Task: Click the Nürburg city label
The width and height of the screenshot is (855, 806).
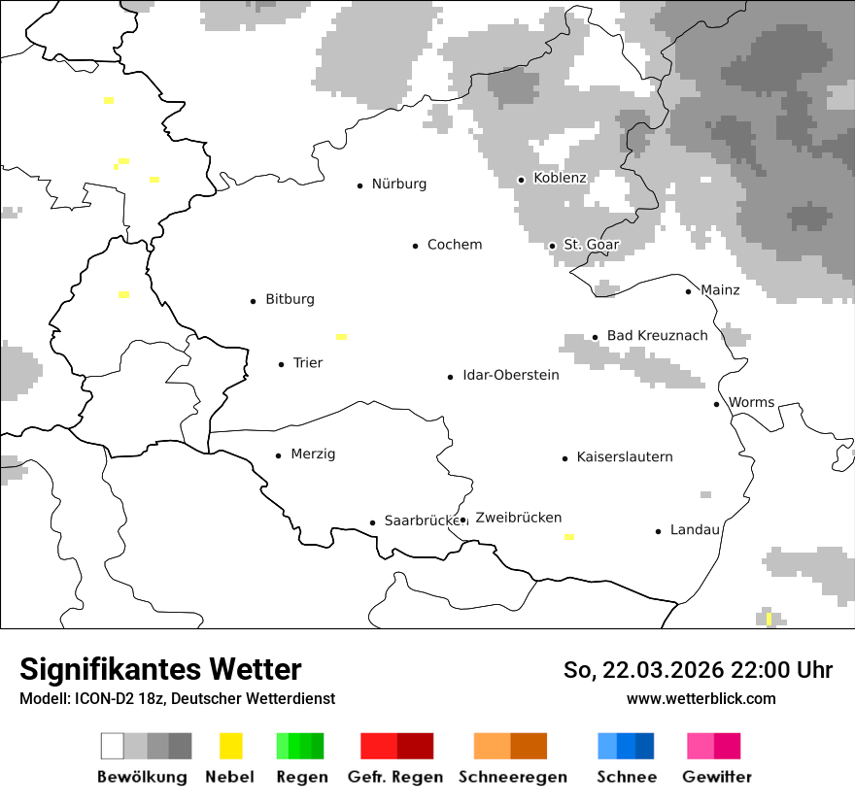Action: click(399, 185)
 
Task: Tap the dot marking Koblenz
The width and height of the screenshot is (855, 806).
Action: click(521, 180)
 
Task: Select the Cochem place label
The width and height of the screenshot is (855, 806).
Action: click(455, 245)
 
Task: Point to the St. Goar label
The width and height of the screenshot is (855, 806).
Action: click(591, 245)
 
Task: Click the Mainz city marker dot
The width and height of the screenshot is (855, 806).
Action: click(689, 291)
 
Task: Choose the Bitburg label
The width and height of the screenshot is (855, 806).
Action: click(290, 299)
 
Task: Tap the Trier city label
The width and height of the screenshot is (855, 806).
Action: click(308, 363)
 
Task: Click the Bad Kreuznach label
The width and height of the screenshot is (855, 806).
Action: click(658, 336)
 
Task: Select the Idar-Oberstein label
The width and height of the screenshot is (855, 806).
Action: click(511, 375)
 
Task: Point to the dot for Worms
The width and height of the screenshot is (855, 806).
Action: click(717, 404)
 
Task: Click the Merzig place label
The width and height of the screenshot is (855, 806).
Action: click(313, 454)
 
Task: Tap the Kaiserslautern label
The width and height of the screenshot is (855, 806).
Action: click(625, 457)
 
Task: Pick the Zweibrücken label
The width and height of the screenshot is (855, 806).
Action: click(519, 518)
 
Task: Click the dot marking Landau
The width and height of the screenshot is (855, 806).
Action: click(659, 531)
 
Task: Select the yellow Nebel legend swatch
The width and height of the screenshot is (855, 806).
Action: click(230, 746)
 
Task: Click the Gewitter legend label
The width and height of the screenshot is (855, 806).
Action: click(717, 777)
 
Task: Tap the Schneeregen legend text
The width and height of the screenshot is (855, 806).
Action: click(513, 777)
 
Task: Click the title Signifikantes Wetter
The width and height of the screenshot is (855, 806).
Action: click(160, 669)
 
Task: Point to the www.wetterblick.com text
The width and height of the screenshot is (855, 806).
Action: click(701, 698)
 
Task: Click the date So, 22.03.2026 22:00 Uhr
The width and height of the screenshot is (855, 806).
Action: click(698, 670)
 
